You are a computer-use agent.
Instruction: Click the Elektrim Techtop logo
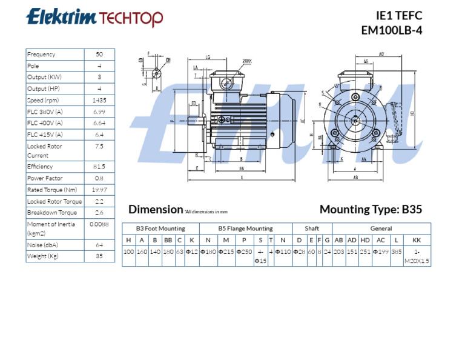coord(94,18)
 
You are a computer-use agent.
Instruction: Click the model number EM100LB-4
coord(391,30)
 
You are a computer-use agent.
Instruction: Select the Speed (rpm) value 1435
coord(99,100)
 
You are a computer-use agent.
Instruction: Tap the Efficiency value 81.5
coord(99,167)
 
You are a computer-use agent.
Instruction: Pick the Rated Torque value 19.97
coord(99,190)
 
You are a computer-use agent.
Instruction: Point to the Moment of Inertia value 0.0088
coord(99,224)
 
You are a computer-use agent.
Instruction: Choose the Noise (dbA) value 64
coord(99,245)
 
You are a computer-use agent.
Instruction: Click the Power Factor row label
coord(44,178)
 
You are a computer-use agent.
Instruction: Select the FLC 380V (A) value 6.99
coord(99,112)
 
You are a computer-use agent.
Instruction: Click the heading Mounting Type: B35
coord(371,210)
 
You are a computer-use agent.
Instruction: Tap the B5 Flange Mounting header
coord(245,228)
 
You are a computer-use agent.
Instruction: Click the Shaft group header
coord(312,228)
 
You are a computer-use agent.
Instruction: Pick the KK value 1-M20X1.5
coord(416,256)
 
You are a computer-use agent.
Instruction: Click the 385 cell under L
coord(396,252)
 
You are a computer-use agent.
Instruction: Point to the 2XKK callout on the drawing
coord(247,61)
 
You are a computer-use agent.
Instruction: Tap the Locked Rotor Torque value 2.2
coord(99,201)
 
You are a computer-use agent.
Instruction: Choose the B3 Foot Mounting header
coord(160,228)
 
